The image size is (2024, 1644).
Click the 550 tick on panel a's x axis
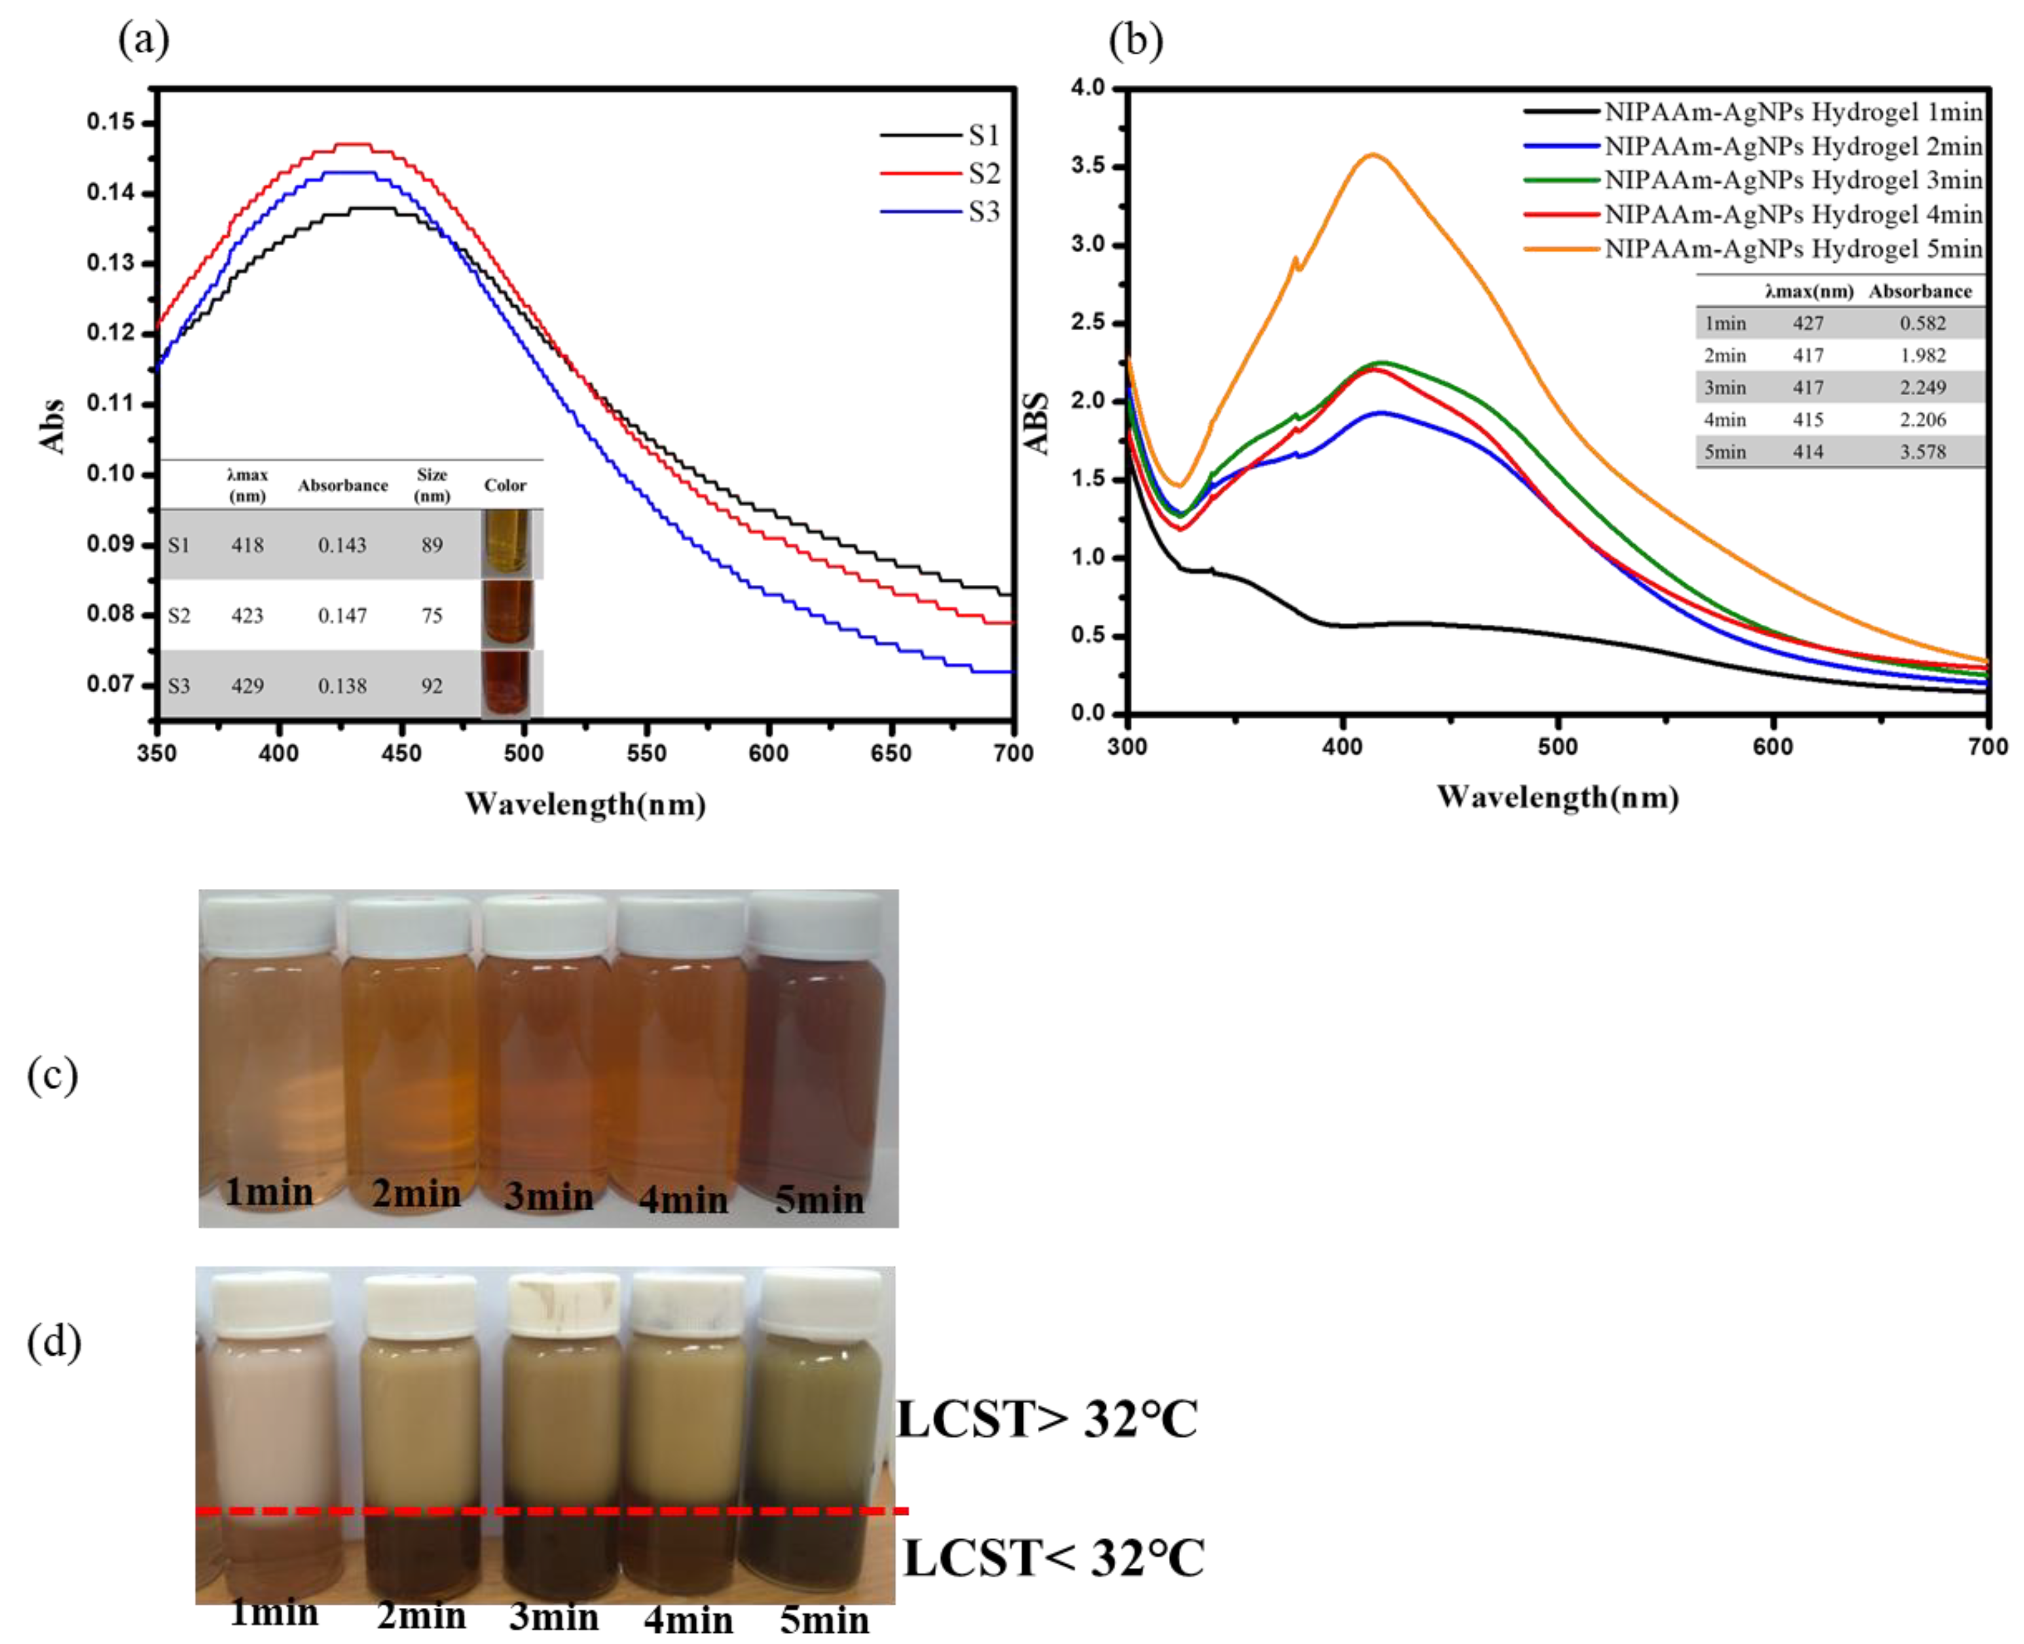tap(646, 753)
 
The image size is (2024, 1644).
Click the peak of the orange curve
tap(1372, 155)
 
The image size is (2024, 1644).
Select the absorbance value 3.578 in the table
tap(1922, 452)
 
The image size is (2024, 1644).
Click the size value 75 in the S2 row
tap(432, 616)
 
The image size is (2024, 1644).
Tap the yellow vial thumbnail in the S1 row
tap(506, 542)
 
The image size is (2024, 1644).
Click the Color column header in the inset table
tap(505, 485)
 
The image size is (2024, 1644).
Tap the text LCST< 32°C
tap(1053, 1559)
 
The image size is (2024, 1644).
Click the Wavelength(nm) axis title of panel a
tap(585, 804)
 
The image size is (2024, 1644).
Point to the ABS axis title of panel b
tap(1038, 423)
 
